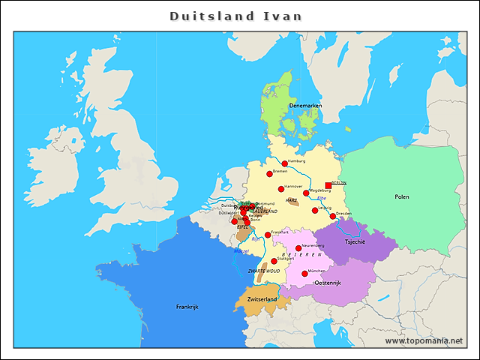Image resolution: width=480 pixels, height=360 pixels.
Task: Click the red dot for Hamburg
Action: tap(285, 163)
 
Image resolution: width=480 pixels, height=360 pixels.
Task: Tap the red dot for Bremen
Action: tap(269, 174)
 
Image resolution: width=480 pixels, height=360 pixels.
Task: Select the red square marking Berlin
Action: tap(328, 185)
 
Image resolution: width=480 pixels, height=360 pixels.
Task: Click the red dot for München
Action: tap(304, 274)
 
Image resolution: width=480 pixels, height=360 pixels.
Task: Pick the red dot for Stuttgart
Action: tap(274, 261)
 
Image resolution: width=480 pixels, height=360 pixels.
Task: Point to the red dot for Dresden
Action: tap(333, 216)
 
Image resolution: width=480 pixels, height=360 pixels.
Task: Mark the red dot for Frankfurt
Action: tap(268, 235)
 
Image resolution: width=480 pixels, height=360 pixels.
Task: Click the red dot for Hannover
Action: tap(281, 189)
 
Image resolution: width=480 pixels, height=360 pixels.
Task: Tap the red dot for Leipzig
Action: tap(315, 210)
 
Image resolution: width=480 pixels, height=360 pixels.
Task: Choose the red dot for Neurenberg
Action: tap(298, 248)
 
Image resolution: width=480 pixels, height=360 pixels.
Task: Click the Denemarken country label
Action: tap(306, 106)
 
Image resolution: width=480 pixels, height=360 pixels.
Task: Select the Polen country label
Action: tap(402, 196)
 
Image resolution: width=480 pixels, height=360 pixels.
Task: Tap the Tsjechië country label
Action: tap(355, 242)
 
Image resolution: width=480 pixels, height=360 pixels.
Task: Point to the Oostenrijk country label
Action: tap(328, 283)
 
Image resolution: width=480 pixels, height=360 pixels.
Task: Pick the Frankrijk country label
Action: tap(187, 306)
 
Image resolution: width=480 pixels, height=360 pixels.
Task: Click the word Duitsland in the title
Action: tap(200, 16)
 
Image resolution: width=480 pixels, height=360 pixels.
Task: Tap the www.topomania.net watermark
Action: tap(424, 340)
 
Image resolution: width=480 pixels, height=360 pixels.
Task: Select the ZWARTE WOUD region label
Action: tap(263, 269)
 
